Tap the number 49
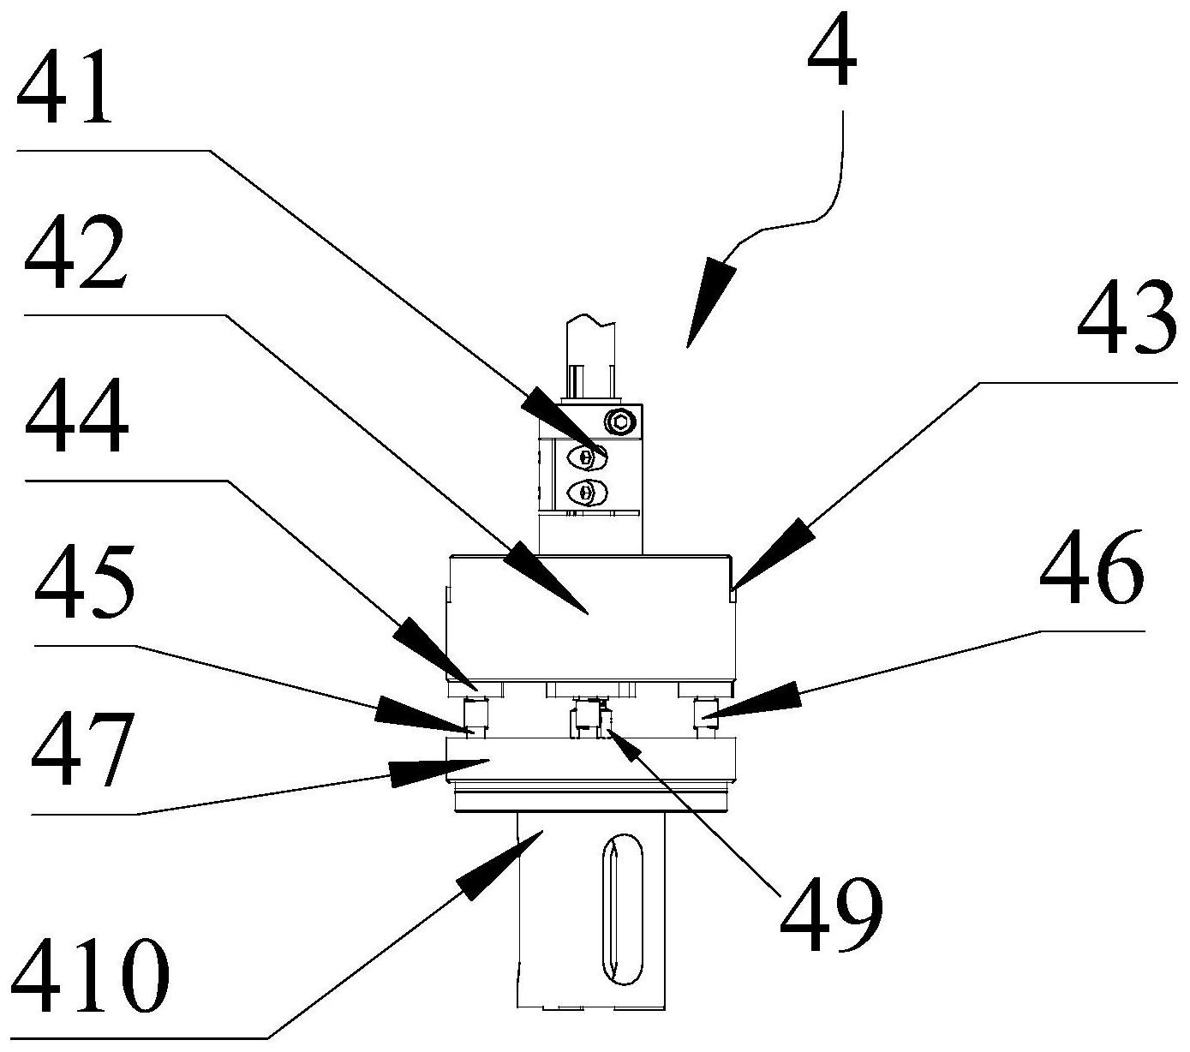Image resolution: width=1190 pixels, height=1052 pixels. click(x=829, y=914)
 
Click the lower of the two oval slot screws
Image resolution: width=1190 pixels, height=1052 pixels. click(x=586, y=492)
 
